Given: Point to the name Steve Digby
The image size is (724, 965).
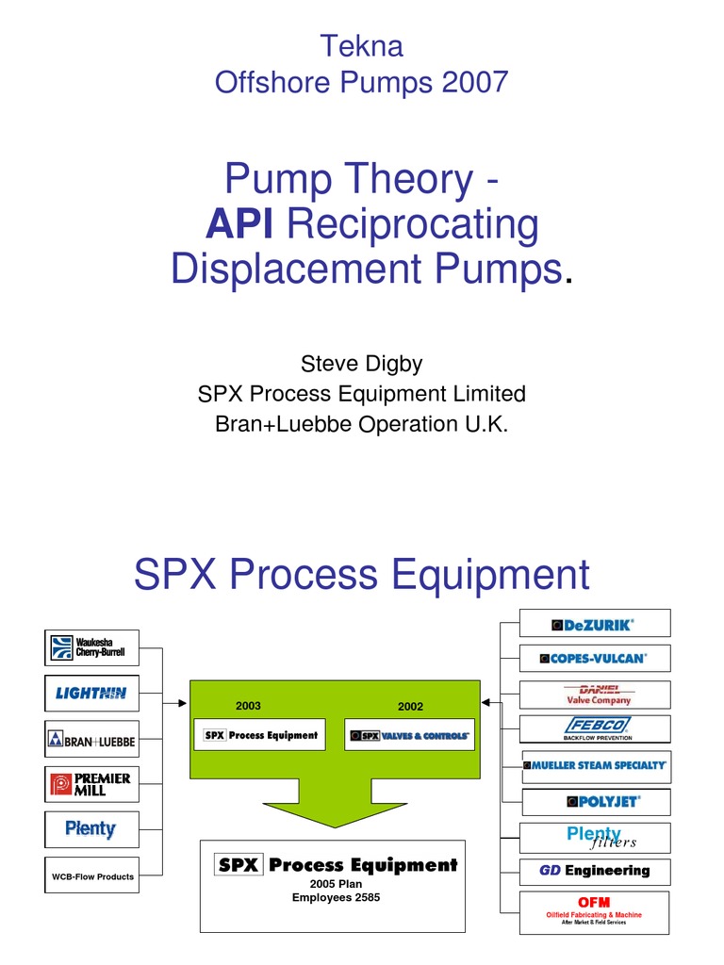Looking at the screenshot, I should [x=361, y=363].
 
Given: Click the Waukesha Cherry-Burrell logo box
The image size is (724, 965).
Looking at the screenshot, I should [x=92, y=647].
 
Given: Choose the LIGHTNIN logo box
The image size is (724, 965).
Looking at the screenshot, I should [x=92, y=694].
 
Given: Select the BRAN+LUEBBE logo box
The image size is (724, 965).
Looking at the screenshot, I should [x=92, y=741].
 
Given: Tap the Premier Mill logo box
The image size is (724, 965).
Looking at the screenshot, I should [x=92, y=784].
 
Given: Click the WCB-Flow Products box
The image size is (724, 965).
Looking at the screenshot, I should [x=92, y=876].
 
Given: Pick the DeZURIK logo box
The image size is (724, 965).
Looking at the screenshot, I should [x=595, y=624].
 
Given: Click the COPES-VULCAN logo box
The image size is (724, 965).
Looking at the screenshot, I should [x=595, y=658].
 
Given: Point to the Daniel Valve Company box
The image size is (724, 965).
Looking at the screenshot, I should [x=595, y=695].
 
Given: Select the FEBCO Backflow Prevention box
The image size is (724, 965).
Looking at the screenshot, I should [x=595, y=728].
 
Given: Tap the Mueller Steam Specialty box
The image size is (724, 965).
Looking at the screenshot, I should [x=595, y=765].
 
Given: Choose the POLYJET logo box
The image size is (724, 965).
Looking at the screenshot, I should [x=595, y=801].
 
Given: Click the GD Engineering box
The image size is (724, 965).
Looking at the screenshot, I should [x=595, y=871].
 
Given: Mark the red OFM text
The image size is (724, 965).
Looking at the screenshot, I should [x=594, y=903].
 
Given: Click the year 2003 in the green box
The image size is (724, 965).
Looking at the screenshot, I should [x=249, y=706].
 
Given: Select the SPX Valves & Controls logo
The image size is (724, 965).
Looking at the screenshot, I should [x=410, y=735].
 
